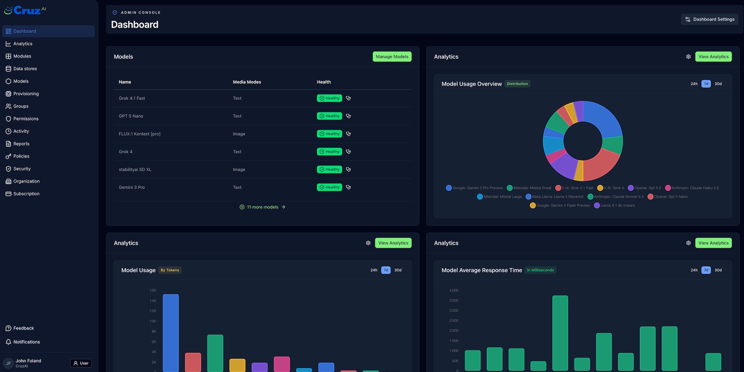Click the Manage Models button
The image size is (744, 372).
point(392,57)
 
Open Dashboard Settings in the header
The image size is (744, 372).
point(709,19)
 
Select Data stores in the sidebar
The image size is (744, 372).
point(25,69)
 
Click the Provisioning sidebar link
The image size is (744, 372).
point(26,94)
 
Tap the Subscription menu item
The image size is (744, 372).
point(26,194)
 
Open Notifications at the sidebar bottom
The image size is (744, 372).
point(26,342)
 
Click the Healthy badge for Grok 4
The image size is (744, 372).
point(329,152)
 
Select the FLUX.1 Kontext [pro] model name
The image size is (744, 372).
point(139,134)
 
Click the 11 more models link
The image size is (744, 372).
point(263,207)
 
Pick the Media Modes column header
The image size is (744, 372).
point(247,82)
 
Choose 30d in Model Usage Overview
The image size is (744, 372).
point(718,84)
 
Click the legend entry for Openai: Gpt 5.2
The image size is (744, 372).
point(647,188)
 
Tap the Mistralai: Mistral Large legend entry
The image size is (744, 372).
point(502,197)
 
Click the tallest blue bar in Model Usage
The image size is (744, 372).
point(171,331)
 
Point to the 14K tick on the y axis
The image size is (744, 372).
point(153,301)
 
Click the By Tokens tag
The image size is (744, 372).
point(170,270)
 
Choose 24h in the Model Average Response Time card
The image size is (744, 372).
point(694,270)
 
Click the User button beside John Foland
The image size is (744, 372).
point(81,363)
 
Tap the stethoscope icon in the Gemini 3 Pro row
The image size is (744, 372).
point(348,187)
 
